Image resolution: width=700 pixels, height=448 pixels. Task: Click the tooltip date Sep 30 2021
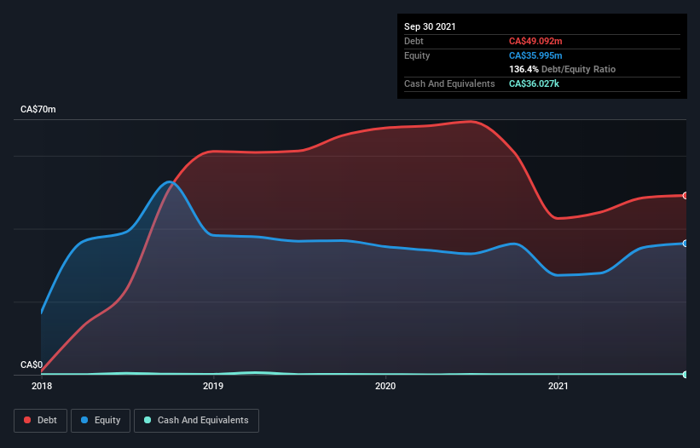[430, 26]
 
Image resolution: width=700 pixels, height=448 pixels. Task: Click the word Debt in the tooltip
[414, 41]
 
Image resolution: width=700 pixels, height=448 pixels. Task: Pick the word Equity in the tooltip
[417, 55]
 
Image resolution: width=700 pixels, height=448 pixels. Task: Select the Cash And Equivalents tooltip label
[449, 83]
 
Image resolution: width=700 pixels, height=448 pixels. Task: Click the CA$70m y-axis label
[38, 110]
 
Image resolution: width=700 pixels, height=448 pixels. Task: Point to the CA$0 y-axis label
[32, 365]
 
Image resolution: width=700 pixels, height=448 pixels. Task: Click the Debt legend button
[40, 420]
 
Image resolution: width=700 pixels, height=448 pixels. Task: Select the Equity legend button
[101, 420]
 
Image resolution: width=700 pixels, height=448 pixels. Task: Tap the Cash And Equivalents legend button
[197, 420]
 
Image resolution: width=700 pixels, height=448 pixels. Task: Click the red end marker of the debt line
[686, 196]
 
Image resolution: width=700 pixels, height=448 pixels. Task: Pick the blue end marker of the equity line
[686, 244]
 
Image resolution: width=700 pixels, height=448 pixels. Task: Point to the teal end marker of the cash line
[686, 375]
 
